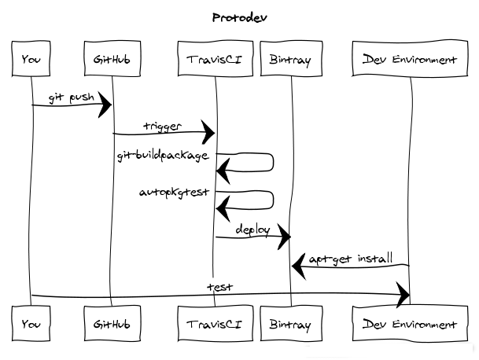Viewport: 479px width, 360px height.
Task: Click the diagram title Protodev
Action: click(x=239, y=17)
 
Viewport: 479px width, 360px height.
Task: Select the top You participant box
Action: click(x=31, y=60)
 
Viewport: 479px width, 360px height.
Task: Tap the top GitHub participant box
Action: click(x=111, y=60)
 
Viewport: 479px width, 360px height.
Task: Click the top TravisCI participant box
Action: click(x=215, y=60)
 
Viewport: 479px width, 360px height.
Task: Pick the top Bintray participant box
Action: click(x=290, y=60)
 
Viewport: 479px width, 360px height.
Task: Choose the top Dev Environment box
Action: click(x=410, y=60)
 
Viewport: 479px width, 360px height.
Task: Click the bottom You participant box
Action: click(x=31, y=324)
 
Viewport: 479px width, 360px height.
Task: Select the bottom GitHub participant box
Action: click(x=111, y=324)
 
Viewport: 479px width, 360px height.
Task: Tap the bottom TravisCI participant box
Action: click(x=215, y=324)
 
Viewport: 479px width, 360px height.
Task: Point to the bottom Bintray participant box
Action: click(x=290, y=324)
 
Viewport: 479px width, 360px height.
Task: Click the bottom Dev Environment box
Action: click(x=410, y=324)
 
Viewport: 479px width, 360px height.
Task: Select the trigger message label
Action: click(x=162, y=126)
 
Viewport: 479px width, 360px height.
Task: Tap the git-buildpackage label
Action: click(x=163, y=156)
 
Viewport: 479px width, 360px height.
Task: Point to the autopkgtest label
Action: click(x=174, y=192)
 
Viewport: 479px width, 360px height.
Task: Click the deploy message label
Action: click(x=252, y=230)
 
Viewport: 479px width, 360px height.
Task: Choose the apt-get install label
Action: click(x=350, y=258)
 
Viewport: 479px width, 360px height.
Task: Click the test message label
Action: click(x=219, y=287)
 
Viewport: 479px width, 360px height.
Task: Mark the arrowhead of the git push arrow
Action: click(x=105, y=105)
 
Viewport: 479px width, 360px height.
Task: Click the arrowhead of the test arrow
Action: click(x=403, y=296)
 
